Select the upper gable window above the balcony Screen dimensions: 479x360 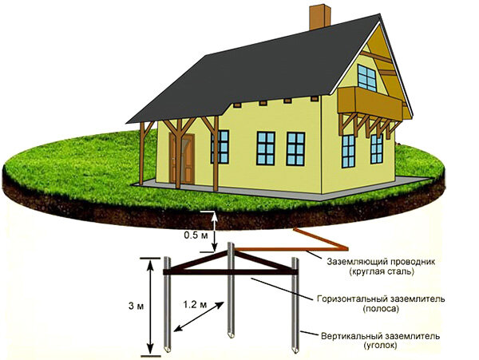pos(367,77)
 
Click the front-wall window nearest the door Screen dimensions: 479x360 pos(220,146)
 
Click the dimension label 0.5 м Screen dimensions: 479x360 pos(196,236)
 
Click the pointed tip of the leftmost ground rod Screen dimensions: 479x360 pos(168,352)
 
